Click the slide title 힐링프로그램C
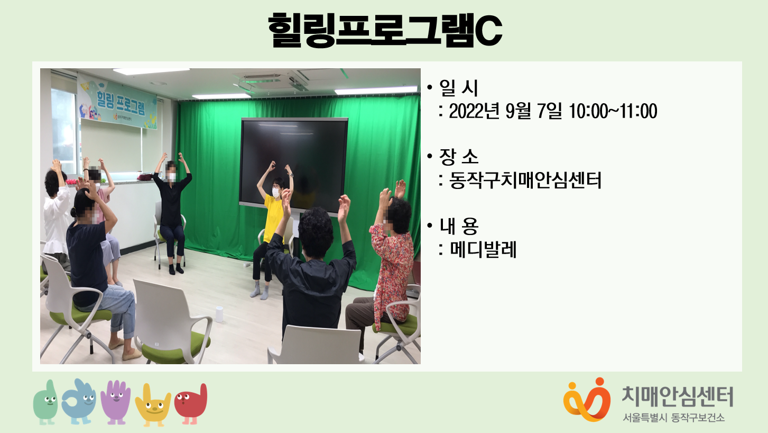pyautogui.click(x=385, y=30)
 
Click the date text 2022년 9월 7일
pyautogui.click(x=505, y=111)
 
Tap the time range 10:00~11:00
pyautogui.click(x=613, y=111)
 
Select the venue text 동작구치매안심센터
pyautogui.click(x=525, y=181)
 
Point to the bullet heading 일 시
pyautogui.click(x=458, y=87)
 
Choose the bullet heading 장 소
pyautogui.click(x=458, y=157)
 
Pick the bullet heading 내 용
pyautogui.click(x=459, y=226)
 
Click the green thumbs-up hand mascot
pyautogui.click(x=45, y=402)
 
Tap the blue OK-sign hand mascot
pyautogui.click(x=79, y=401)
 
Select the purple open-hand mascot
pyautogui.click(x=116, y=402)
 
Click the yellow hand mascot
pyautogui.click(x=153, y=405)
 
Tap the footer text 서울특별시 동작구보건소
pyautogui.click(x=673, y=418)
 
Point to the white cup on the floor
pyautogui.click(x=219, y=314)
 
